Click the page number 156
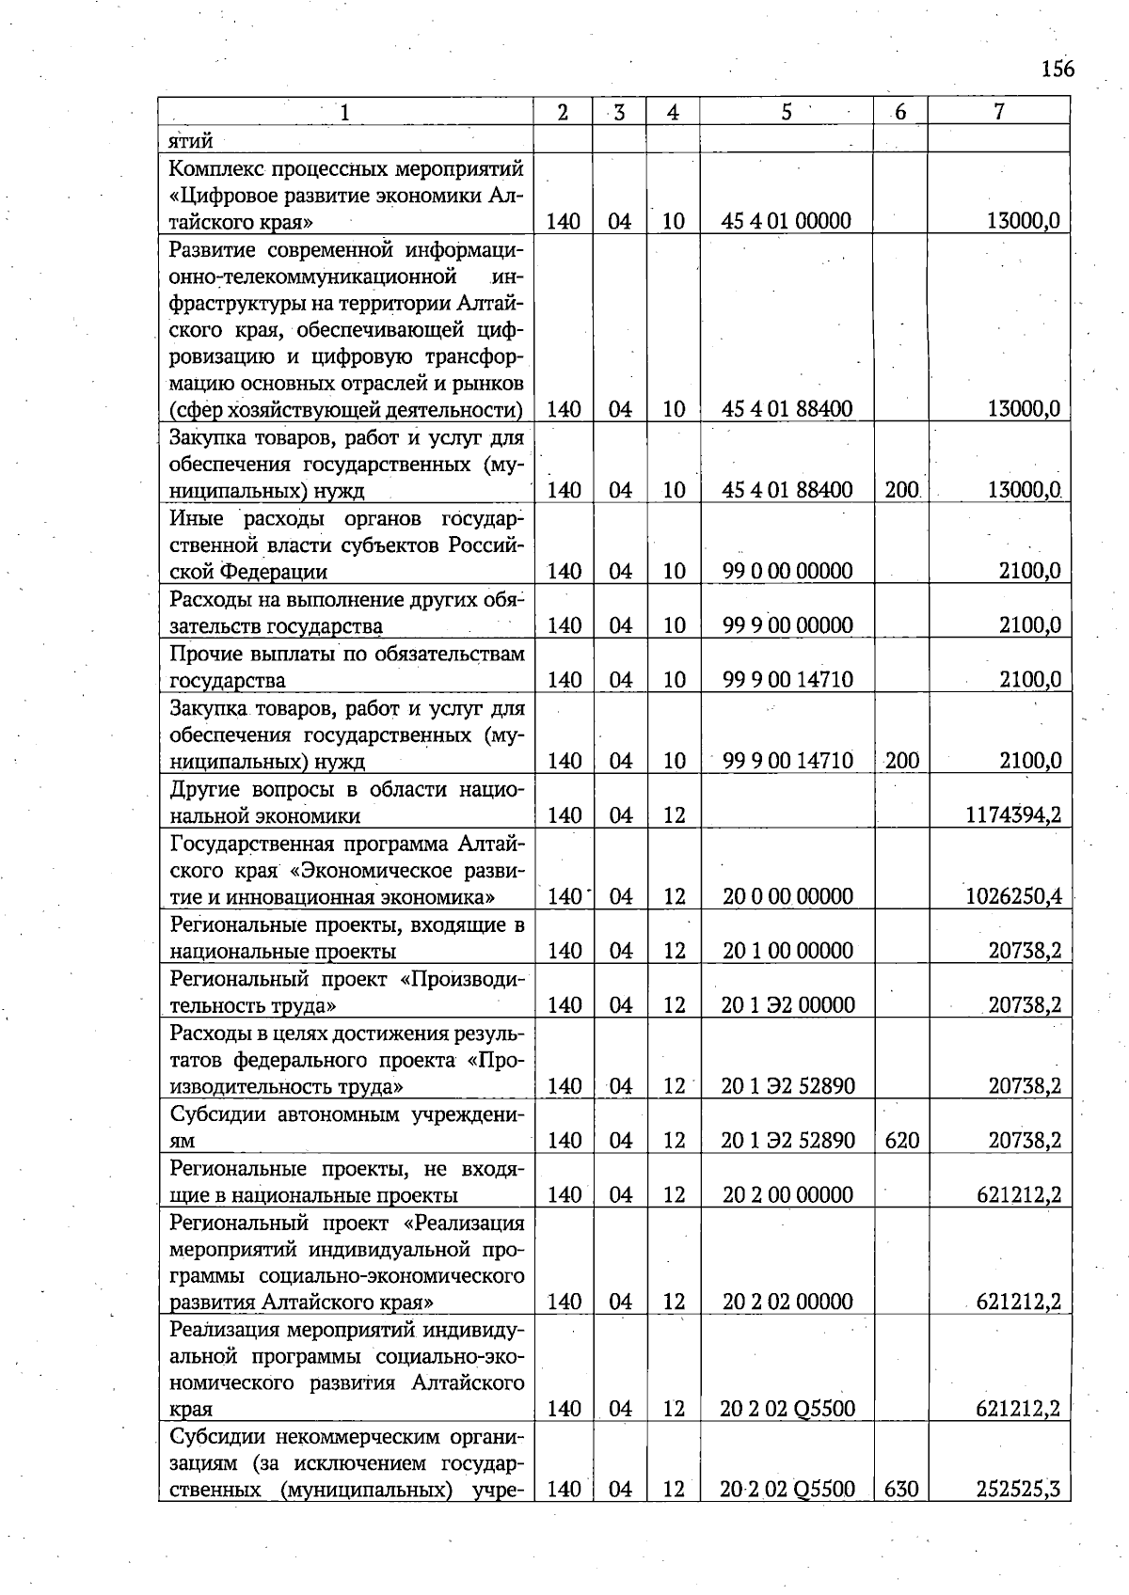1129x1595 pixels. [x=1057, y=70]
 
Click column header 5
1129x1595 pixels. [x=786, y=112]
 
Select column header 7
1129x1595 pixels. [x=998, y=112]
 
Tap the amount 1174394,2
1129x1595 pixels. [x=1013, y=815]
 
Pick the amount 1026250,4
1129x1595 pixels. [x=1013, y=896]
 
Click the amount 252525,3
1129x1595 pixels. [x=1019, y=1489]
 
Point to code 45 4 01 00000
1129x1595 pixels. [x=787, y=221]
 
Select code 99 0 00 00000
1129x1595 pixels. [x=787, y=571]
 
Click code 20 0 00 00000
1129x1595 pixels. [x=787, y=896]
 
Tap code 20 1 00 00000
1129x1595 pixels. [x=787, y=951]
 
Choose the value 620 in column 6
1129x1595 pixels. [x=901, y=1141]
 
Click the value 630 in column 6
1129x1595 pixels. [x=901, y=1489]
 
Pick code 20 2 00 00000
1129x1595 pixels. [x=787, y=1195]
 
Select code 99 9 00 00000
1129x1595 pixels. [x=787, y=625]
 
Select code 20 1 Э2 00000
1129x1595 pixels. [x=787, y=1005]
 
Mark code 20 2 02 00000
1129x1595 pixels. [x=787, y=1302]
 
